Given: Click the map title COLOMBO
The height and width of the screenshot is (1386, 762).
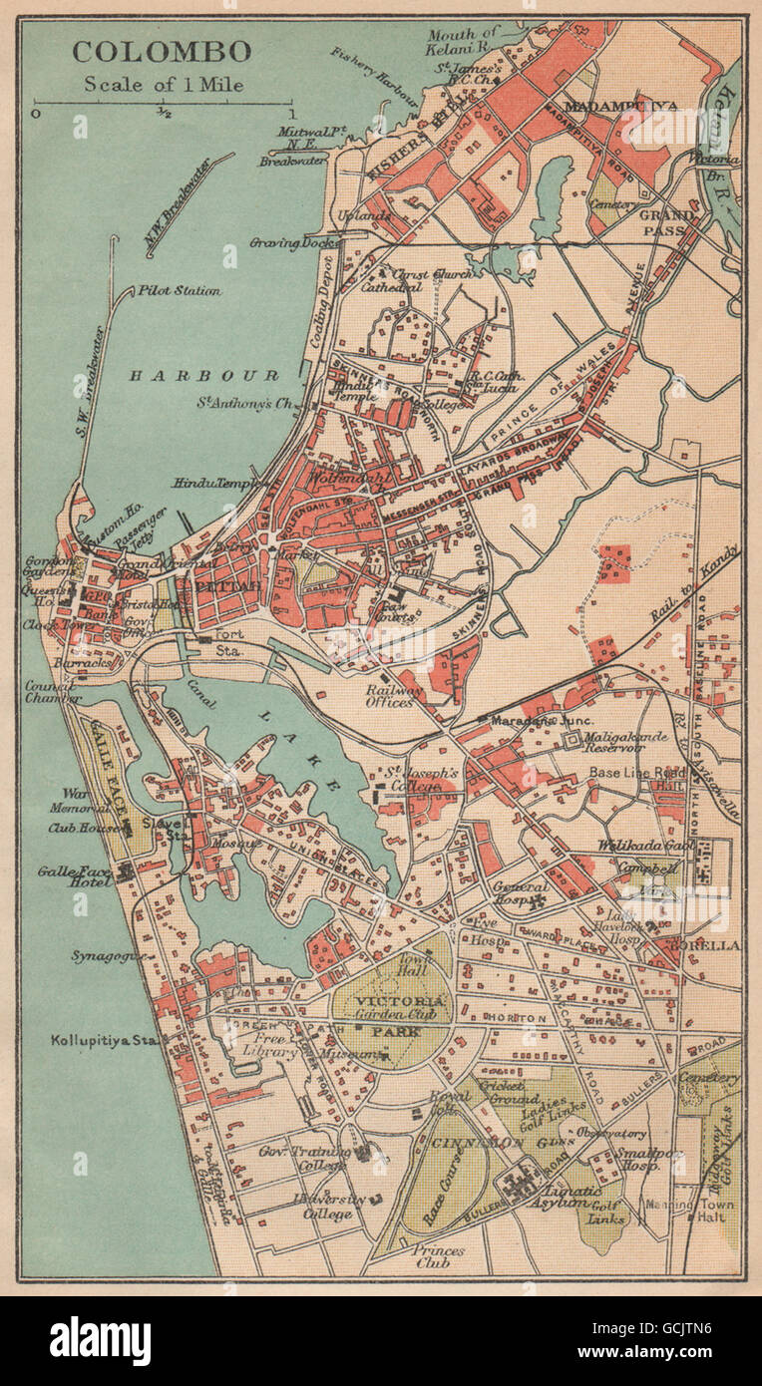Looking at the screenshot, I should [161, 51].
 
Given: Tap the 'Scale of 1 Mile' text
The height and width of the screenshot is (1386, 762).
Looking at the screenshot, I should [164, 84].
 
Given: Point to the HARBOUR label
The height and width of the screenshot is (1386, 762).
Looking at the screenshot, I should [203, 376].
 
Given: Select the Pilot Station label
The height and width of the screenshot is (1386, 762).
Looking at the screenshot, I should [180, 291].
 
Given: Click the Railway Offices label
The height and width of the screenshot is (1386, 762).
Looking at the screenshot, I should [390, 695].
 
